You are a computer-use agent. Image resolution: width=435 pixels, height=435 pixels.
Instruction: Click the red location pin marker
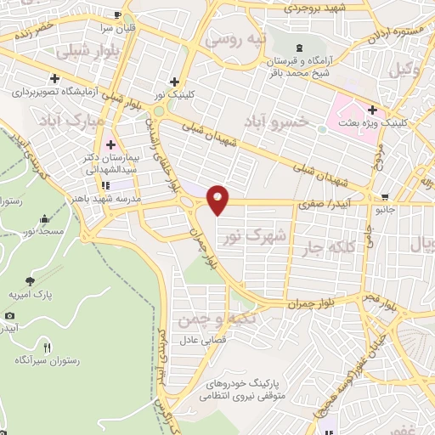pos(218,200)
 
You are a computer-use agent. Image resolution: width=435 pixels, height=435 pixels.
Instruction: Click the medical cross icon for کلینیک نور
pos(174,82)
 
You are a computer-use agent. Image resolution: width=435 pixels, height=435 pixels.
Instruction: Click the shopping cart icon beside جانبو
pos(385,196)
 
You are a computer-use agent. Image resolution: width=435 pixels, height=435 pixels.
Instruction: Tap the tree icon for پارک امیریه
pos(31,280)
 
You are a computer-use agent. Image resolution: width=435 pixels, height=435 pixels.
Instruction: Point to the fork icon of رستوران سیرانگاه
pos(48,347)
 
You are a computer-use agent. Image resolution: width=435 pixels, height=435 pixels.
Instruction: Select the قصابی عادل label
pos(203,339)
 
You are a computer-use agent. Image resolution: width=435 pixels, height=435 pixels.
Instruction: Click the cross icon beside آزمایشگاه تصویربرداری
pos(54,77)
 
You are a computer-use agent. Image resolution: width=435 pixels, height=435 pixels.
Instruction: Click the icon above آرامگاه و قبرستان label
pos(297,46)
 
